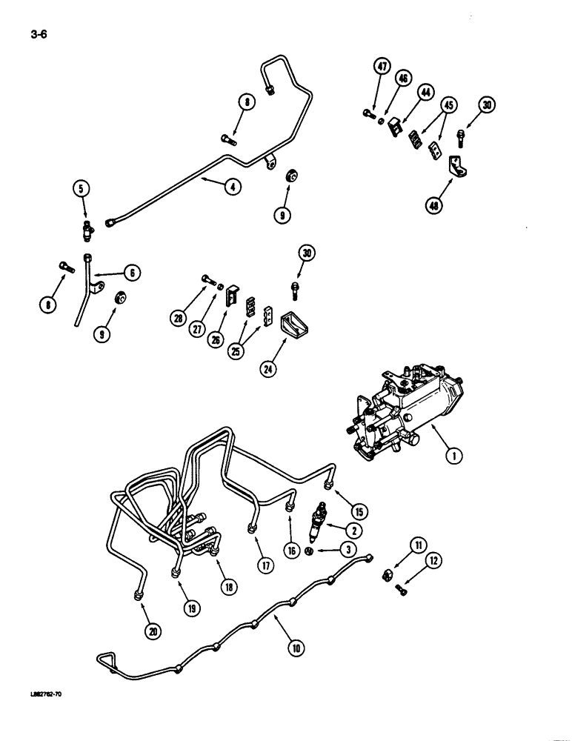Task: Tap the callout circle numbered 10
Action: pyautogui.click(x=296, y=648)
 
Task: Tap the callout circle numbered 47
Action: pyautogui.click(x=382, y=67)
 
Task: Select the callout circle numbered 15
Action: pyautogui.click(x=359, y=511)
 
